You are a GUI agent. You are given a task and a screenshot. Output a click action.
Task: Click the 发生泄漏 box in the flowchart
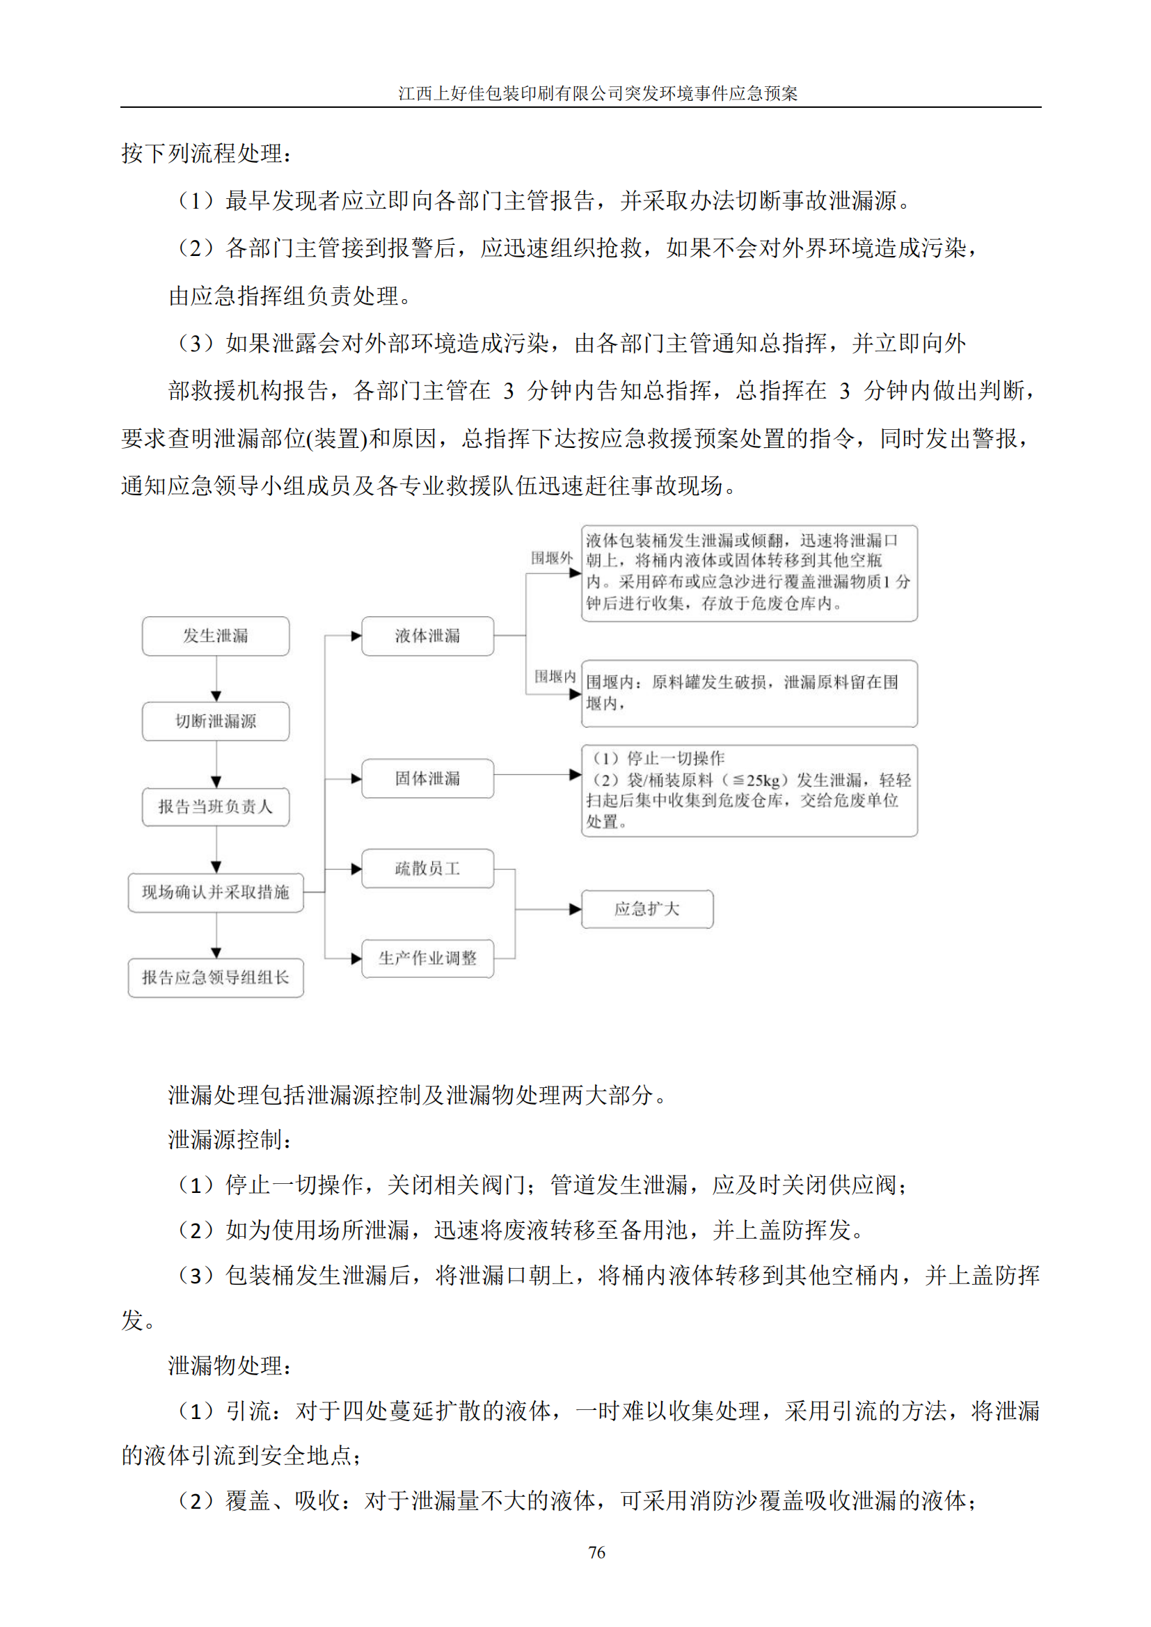pos(216,636)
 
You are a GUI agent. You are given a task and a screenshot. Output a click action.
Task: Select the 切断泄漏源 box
pos(216,721)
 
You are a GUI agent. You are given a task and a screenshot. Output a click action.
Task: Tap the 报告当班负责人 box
pos(216,806)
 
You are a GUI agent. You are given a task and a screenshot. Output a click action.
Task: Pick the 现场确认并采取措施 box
pos(216,892)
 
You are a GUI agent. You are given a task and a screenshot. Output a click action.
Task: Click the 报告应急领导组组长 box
pos(216,978)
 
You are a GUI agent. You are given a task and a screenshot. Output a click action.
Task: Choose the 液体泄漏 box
pos(427,636)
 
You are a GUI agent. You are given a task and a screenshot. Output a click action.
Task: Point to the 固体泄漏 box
pos(427,778)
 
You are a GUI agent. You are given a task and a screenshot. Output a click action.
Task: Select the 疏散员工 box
pos(427,868)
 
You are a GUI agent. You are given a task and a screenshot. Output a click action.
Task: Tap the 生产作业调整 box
pos(427,958)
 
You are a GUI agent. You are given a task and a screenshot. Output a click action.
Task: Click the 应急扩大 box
pos(647,909)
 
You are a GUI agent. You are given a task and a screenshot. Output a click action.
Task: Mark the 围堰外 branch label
pos(551,558)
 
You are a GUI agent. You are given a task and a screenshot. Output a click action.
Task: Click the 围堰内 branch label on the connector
pos(554,676)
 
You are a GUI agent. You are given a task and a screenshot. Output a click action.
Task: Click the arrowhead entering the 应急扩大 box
pos(575,909)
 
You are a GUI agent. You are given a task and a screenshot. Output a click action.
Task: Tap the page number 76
pos(597,1553)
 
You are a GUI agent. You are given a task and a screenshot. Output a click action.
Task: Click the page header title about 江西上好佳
pos(598,93)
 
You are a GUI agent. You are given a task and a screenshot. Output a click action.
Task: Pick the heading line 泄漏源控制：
pos(230,1139)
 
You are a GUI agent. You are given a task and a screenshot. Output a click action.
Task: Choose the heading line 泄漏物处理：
pos(230,1365)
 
